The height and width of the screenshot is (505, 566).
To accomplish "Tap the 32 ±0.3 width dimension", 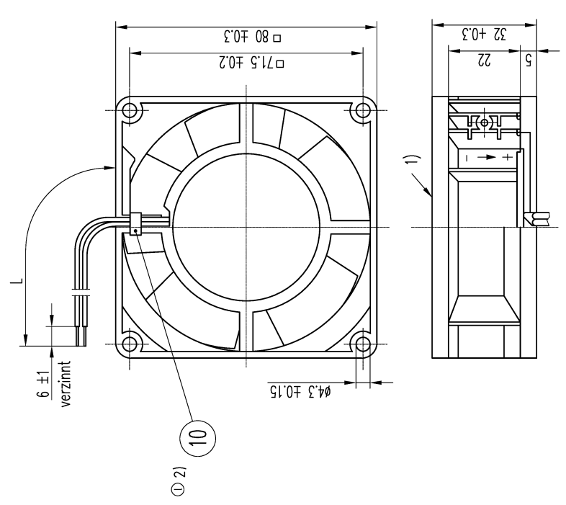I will (483, 34).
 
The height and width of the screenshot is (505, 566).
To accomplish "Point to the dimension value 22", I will (483, 63).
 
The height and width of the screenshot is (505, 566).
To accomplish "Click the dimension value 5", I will (529, 63).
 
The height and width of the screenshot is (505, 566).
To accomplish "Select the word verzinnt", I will (66, 385).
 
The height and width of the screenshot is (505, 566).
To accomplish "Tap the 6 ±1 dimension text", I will (45, 385).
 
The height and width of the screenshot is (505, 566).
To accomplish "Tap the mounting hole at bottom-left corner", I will (130, 344).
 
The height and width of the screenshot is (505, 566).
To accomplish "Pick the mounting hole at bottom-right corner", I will (360, 344).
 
